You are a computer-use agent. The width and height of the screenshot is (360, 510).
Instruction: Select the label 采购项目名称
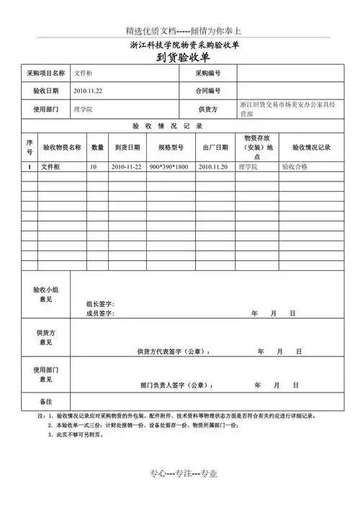point(45,73)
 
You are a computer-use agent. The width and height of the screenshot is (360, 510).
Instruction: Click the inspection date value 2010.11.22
point(88,91)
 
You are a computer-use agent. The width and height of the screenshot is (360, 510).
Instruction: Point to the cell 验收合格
point(294,166)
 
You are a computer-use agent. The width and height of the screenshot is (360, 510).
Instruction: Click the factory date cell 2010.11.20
point(213,166)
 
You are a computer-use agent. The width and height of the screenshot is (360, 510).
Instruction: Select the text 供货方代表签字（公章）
point(173,352)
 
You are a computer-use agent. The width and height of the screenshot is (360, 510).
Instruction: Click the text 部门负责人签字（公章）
point(176,385)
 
